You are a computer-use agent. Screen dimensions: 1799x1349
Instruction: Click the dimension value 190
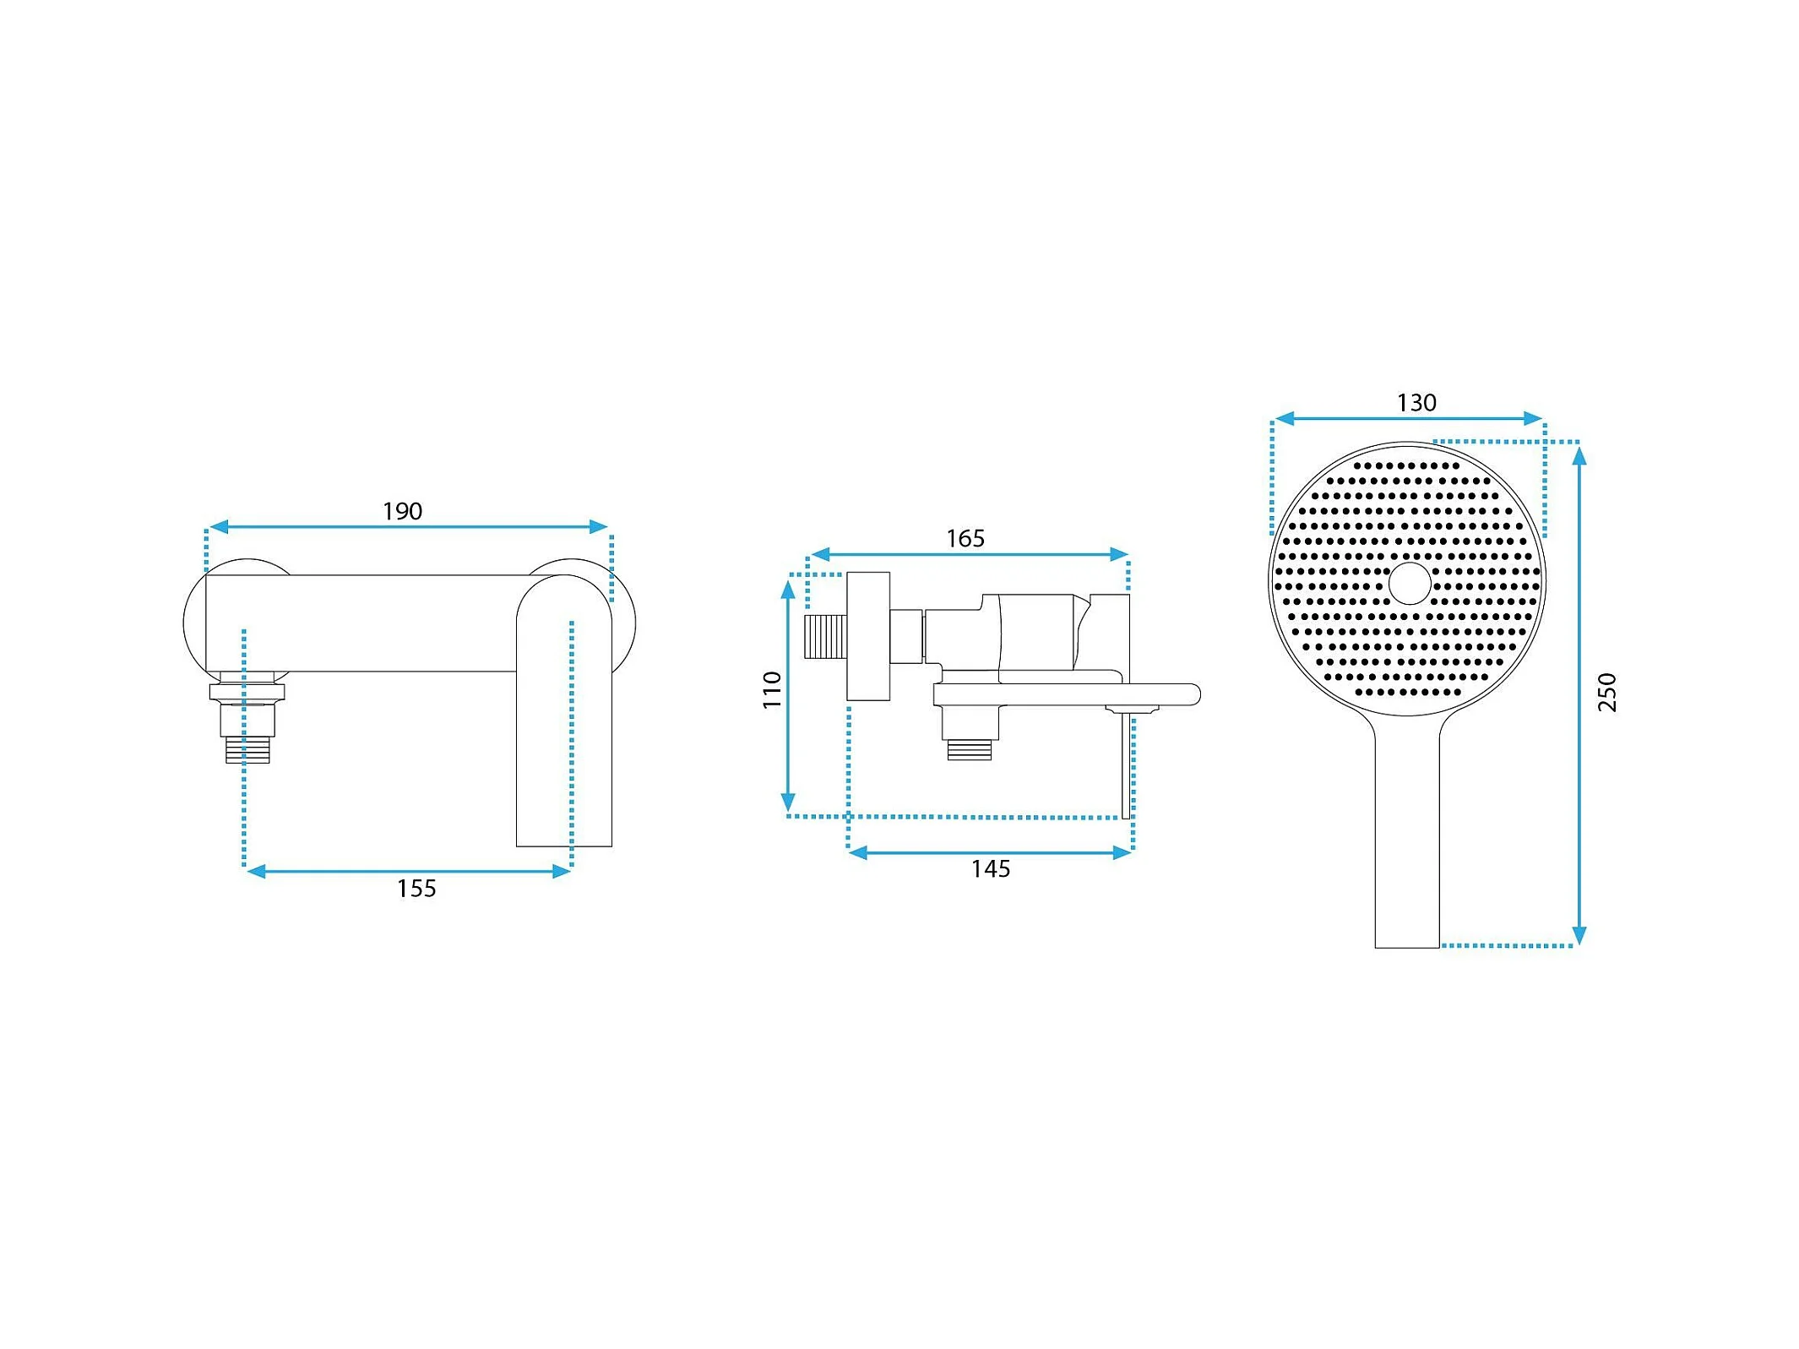coord(402,511)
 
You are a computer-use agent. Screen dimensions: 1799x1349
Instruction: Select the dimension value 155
coord(416,889)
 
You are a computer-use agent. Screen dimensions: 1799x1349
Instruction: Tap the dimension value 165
coord(965,538)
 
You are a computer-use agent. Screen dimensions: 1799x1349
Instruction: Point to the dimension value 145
coord(990,869)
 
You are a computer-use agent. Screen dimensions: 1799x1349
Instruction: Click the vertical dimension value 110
coord(772,689)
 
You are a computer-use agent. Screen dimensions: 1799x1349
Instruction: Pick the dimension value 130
coord(1416,403)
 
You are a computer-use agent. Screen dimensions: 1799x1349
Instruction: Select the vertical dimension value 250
coord(1606,692)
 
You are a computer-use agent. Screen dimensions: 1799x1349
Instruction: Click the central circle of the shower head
coord(1410,584)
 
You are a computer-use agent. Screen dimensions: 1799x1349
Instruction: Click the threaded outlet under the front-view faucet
coord(247,749)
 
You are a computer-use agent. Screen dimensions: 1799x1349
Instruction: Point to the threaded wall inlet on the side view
coord(825,636)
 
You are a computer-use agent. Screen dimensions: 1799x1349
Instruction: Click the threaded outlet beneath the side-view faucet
coord(969,749)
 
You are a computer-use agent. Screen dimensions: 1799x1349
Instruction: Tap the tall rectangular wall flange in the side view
coord(868,636)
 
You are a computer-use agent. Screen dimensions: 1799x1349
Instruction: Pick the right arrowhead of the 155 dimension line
coord(562,872)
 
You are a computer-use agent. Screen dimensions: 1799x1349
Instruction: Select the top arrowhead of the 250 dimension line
coord(1579,455)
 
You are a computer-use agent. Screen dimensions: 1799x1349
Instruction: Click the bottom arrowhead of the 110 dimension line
coord(788,802)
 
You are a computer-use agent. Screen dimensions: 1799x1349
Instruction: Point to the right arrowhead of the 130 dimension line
coord(1533,418)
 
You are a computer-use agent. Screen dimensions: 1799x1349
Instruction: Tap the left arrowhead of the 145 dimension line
coord(857,853)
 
